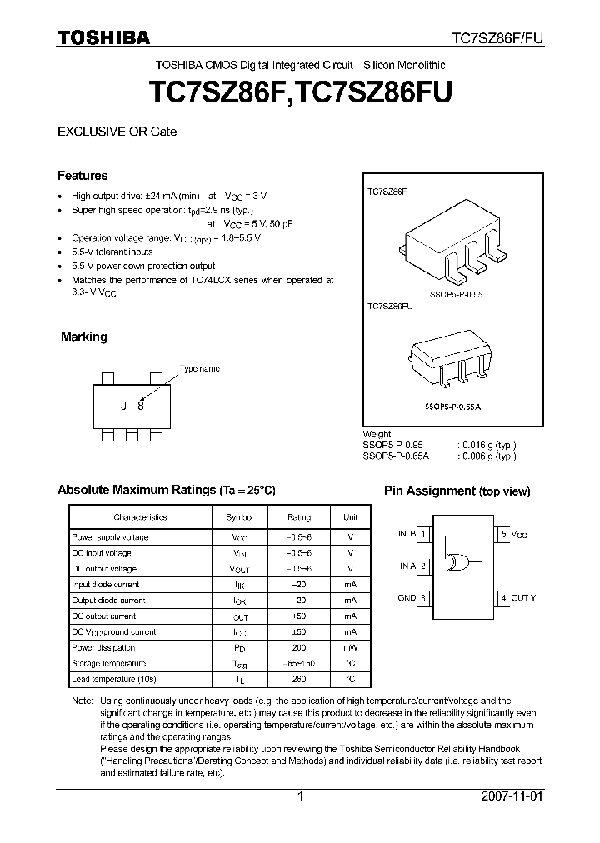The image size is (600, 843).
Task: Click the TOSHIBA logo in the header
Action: point(102,37)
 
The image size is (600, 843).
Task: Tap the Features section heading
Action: point(82,176)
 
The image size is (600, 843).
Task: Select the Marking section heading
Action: point(83,337)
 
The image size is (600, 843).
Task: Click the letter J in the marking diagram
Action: point(123,406)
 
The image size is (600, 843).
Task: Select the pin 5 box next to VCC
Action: point(503,534)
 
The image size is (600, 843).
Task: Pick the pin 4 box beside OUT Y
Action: point(503,598)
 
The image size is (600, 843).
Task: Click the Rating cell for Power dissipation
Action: point(297,647)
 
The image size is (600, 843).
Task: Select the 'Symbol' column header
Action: point(240,517)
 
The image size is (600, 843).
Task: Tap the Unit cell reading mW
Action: point(350,647)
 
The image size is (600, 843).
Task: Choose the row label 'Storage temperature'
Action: point(108,663)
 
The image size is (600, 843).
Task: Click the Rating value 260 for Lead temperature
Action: point(297,679)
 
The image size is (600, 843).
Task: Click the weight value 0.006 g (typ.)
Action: point(487,456)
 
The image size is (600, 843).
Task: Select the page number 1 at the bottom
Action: point(300,796)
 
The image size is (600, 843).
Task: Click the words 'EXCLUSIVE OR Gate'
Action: point(117,132)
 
